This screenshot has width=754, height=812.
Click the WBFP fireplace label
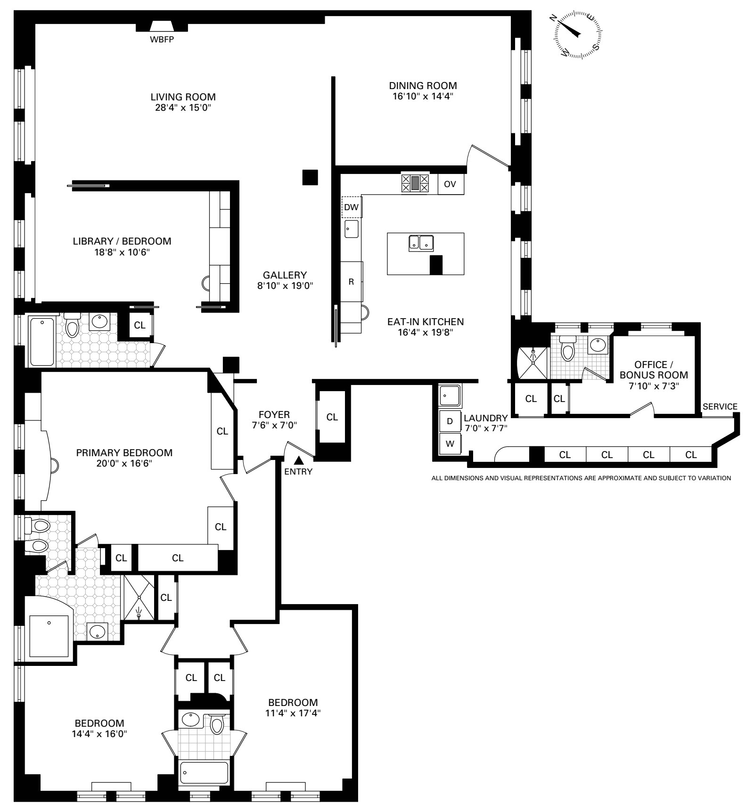pos(162,40)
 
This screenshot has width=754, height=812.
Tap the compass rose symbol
pos(578,35)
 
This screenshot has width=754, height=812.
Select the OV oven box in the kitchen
pos(450,184)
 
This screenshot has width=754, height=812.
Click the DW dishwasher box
pos(351,207)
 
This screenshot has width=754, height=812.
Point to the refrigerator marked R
pos(351,282)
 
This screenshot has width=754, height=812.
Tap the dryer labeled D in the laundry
pos(450,421)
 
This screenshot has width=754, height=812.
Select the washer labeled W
pos(450,443)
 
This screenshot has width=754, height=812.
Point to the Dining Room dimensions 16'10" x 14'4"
pos(423,96)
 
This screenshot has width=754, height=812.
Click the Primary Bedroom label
pos(124,453)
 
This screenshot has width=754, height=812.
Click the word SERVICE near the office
pos(720,407)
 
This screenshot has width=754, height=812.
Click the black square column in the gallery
pos(310,177)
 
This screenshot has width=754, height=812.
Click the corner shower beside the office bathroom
pos(533,362)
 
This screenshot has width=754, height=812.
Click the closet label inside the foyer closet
pos(332,417)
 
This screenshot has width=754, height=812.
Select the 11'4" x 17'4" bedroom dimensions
pos(293,713)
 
